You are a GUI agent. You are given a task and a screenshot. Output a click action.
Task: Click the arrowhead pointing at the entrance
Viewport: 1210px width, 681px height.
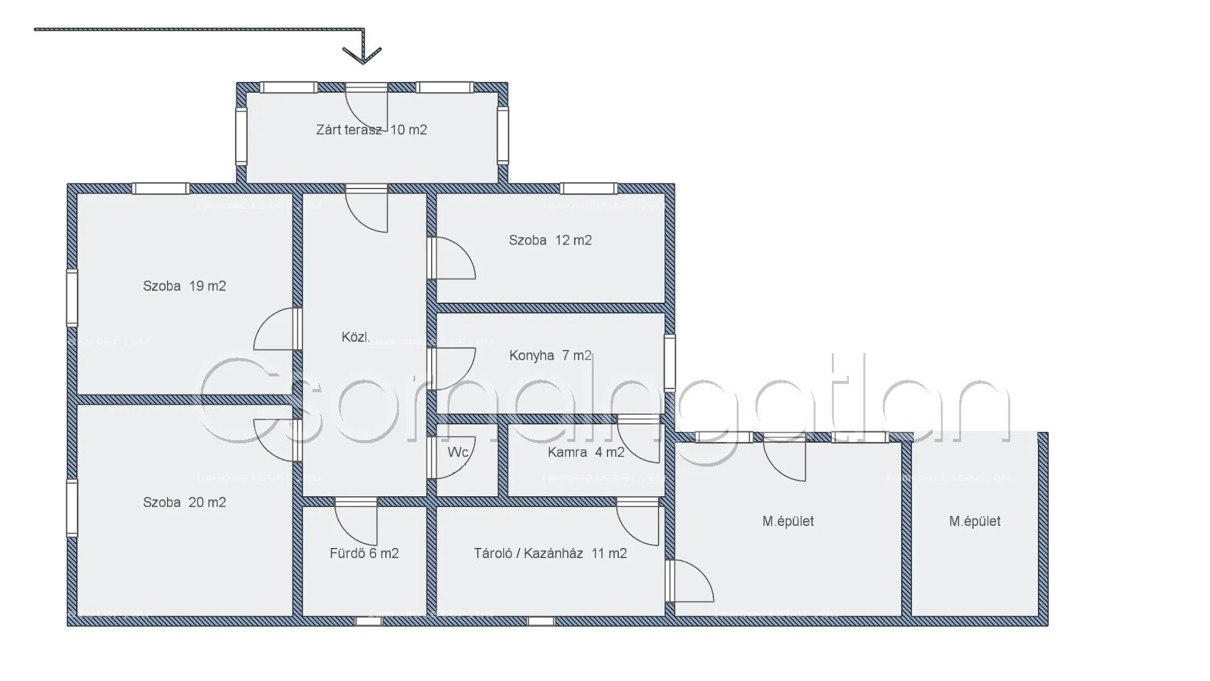[x=362, y=55]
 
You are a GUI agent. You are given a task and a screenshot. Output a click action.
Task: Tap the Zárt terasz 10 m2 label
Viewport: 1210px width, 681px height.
[x=371, y=130]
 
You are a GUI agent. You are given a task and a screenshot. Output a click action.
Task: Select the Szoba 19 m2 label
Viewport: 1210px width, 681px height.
[x=184, y=286]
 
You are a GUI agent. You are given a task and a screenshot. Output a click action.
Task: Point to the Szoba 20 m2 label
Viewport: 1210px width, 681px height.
[x=184, y=503]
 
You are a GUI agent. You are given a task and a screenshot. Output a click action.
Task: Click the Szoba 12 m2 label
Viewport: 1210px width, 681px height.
[x=550, y=240]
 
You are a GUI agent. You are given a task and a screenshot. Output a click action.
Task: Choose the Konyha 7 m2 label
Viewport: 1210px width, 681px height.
[x=550, y=356]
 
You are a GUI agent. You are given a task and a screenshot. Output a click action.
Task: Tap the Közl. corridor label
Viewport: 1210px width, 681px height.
[x=355, y=337]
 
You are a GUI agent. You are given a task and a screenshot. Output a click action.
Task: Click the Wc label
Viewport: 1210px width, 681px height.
[x=458, y=452]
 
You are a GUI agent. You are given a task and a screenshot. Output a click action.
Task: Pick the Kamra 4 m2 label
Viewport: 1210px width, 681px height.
[x=585, y=452]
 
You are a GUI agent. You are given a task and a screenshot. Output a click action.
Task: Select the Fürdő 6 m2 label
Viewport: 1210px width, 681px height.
[x=364, y=554]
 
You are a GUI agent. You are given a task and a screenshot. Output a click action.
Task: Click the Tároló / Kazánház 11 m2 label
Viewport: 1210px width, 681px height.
[x=550, y=554]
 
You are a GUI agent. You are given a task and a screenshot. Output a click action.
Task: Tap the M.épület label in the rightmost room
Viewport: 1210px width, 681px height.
[x=974, y=521]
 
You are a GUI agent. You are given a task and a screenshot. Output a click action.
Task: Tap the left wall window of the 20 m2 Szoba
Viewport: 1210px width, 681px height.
[x=72, y=508]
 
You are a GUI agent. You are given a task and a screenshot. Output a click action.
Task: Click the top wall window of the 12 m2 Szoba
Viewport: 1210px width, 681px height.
[x=589, y=188]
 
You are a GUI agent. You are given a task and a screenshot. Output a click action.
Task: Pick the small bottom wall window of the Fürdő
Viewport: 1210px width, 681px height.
[x=368, y=621]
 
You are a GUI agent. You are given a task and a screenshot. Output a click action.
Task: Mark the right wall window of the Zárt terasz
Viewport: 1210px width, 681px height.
[x=502, y=135]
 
